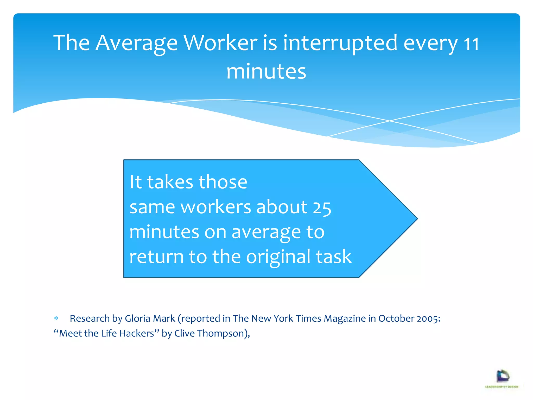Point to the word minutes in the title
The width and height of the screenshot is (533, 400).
click(x=266, y=71)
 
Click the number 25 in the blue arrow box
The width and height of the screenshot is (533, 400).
click(x=322, y=208)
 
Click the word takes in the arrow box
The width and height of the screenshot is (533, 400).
click(x=170, y=182)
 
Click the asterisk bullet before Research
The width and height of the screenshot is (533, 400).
click(x=56, y=318)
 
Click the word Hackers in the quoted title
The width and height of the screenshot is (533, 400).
click(x=139, y=333)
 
